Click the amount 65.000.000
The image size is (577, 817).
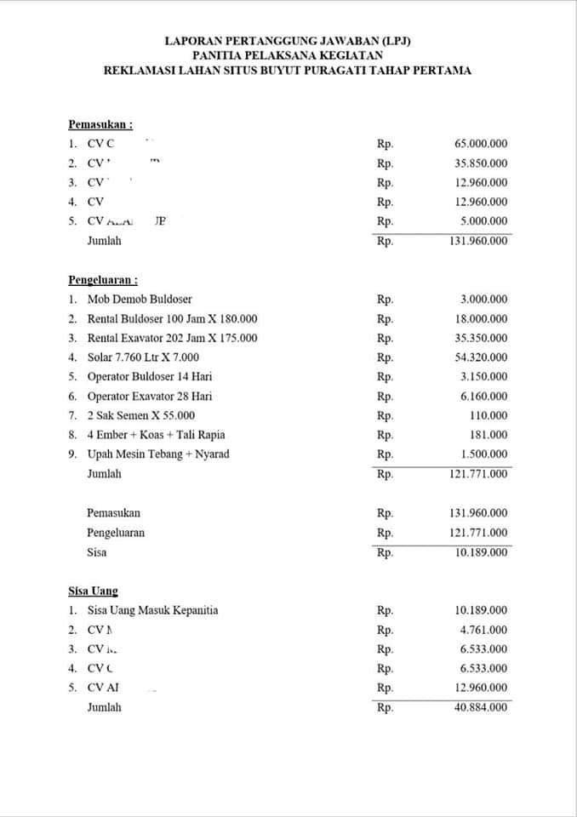[x=481, y=144]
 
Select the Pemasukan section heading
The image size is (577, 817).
[x=100, y=124]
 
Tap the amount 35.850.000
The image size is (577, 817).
[x=481, y=163]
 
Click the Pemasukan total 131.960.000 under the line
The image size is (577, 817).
[x=478, y=241]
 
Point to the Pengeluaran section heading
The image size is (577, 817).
[x=103, y=279]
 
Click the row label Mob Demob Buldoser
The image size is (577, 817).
[x=140, y=299]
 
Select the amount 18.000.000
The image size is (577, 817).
[x=481, y=319]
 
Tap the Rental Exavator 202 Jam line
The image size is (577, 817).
[x=172, y=338]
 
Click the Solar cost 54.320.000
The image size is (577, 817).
[x=481, y=357]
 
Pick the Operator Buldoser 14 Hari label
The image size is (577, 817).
[x=150, y=376]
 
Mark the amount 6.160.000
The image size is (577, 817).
[x=483, y=397]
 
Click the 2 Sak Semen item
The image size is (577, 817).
[x=141, y=415]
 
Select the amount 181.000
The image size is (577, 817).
[x=489, y=435]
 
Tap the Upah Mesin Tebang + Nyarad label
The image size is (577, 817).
[x=158, y=454]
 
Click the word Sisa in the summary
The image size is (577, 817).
[x=97, y=552]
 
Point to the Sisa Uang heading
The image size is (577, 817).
[x=94, y=591]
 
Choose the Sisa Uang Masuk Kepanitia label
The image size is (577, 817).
[x=152, y=610]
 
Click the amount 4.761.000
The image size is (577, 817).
[x=483, y=630]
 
